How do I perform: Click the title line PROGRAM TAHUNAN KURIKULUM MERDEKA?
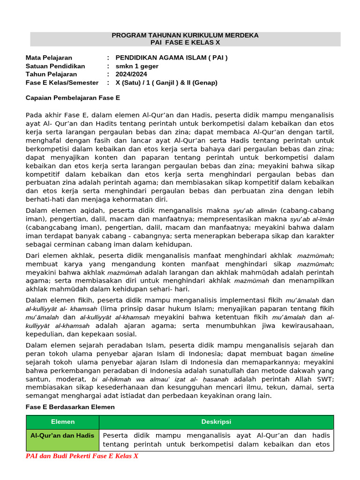tap(185, 35)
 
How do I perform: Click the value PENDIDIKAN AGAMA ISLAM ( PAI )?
tap(172, 58)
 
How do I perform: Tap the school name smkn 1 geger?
tap(137, 66)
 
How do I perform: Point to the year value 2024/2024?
tap(131, 74)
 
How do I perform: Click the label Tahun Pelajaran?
tap(51, 74)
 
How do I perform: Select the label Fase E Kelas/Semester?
tap(62, 82)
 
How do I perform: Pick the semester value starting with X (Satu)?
tap(166, 82)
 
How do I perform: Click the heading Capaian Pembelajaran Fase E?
tap(73, 98)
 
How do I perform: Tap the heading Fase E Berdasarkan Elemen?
tap(70, 407)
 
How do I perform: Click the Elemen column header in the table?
tap(63, 422)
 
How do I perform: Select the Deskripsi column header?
tap(216, 422)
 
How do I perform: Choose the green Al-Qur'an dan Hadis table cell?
tap(62, 435)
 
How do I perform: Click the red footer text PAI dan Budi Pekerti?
tap(82, 456)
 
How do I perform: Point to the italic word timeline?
tap(322, 354)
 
